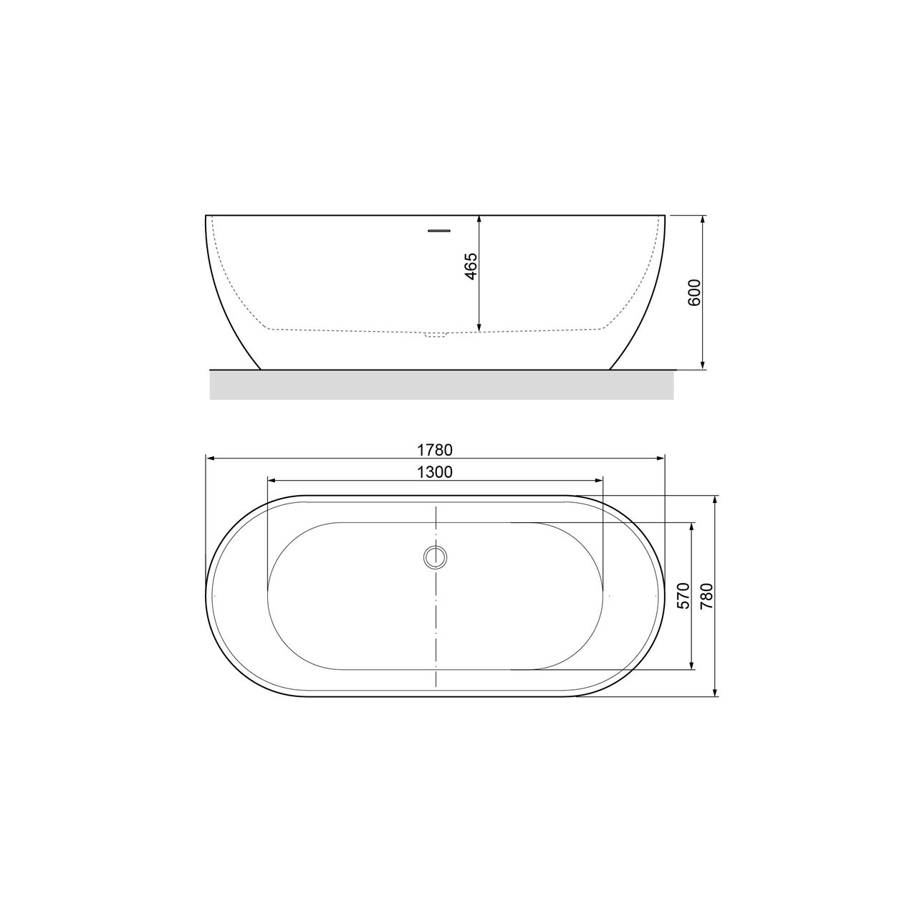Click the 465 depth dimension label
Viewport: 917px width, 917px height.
click(470, 267)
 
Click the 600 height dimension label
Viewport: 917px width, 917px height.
click(694, 292)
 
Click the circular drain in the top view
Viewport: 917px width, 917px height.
click(435, 557)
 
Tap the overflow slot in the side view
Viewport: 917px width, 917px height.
click(438, 230)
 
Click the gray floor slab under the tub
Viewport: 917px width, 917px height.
click(441, 384)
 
